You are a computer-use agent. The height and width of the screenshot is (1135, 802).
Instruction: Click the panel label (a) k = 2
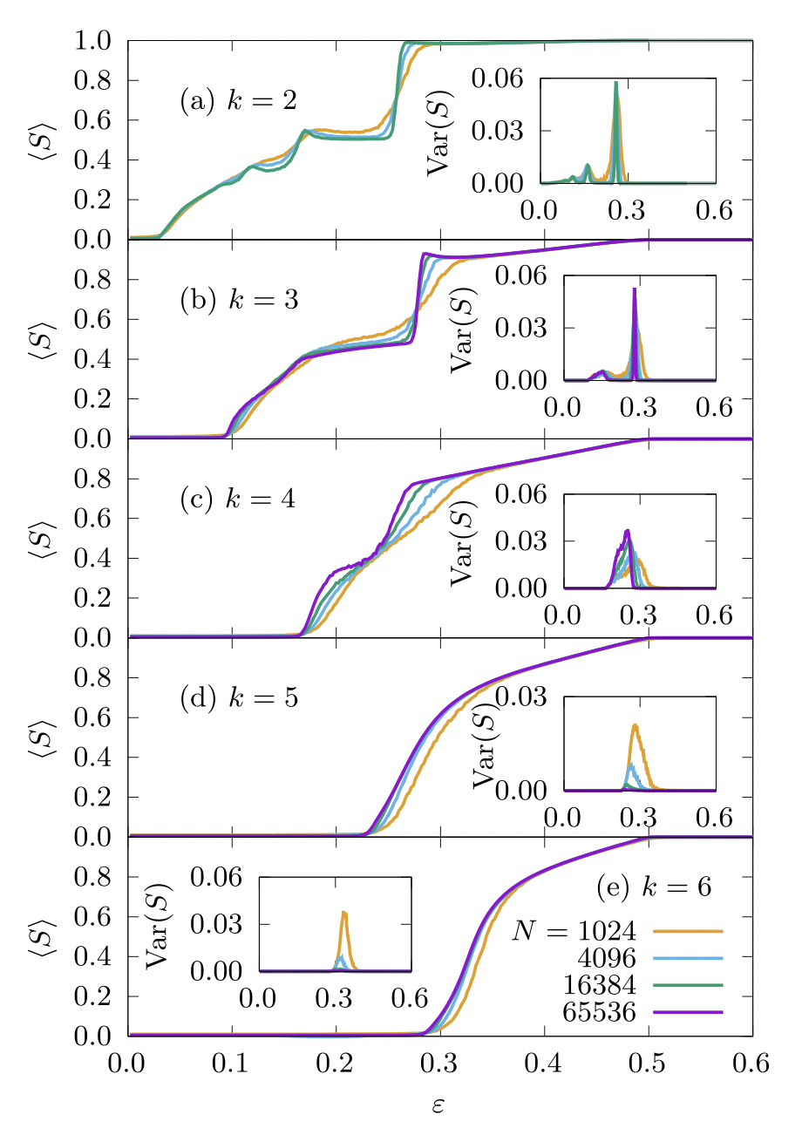[238, 101]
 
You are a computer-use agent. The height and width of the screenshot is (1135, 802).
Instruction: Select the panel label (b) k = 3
[238, 300]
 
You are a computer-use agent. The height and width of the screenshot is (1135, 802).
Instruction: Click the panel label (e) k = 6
[654, 887]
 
